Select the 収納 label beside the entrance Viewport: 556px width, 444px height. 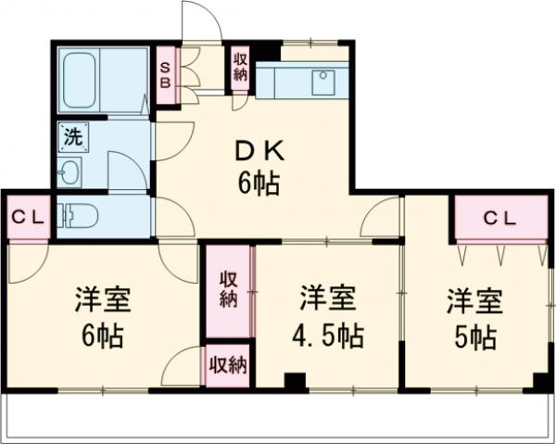coord(240,67)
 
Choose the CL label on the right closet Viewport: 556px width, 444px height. coord(499,221)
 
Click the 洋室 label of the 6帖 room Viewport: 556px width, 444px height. coord(102,301)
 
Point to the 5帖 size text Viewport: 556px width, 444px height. coord(475,334)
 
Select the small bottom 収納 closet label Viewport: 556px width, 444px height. coord(228,364)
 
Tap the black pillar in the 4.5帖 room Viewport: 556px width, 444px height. coord(296,381)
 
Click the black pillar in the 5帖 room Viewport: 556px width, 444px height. coord(540,381)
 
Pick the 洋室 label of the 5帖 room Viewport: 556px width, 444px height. coord(475,301)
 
